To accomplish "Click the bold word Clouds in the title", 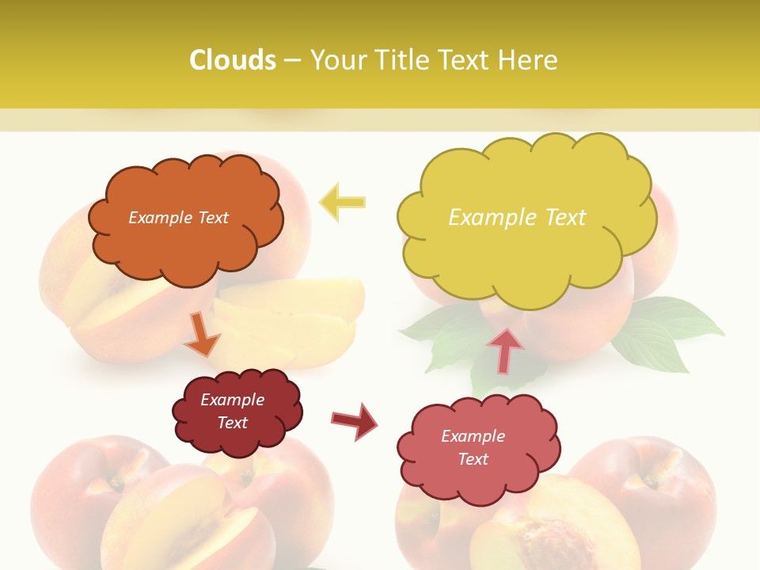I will pyautogui.click(x=233, y=60).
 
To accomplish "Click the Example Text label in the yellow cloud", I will pyautogui.click(x=517, y=218).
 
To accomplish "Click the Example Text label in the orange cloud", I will pyautogui.click(x=178, y=218).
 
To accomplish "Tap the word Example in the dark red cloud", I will pyautogui.click(x=232, y=400).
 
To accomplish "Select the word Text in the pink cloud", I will pyautogui.click(x=473, y=459).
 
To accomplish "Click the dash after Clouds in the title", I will pyautogui.click(x=292, y=60).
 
